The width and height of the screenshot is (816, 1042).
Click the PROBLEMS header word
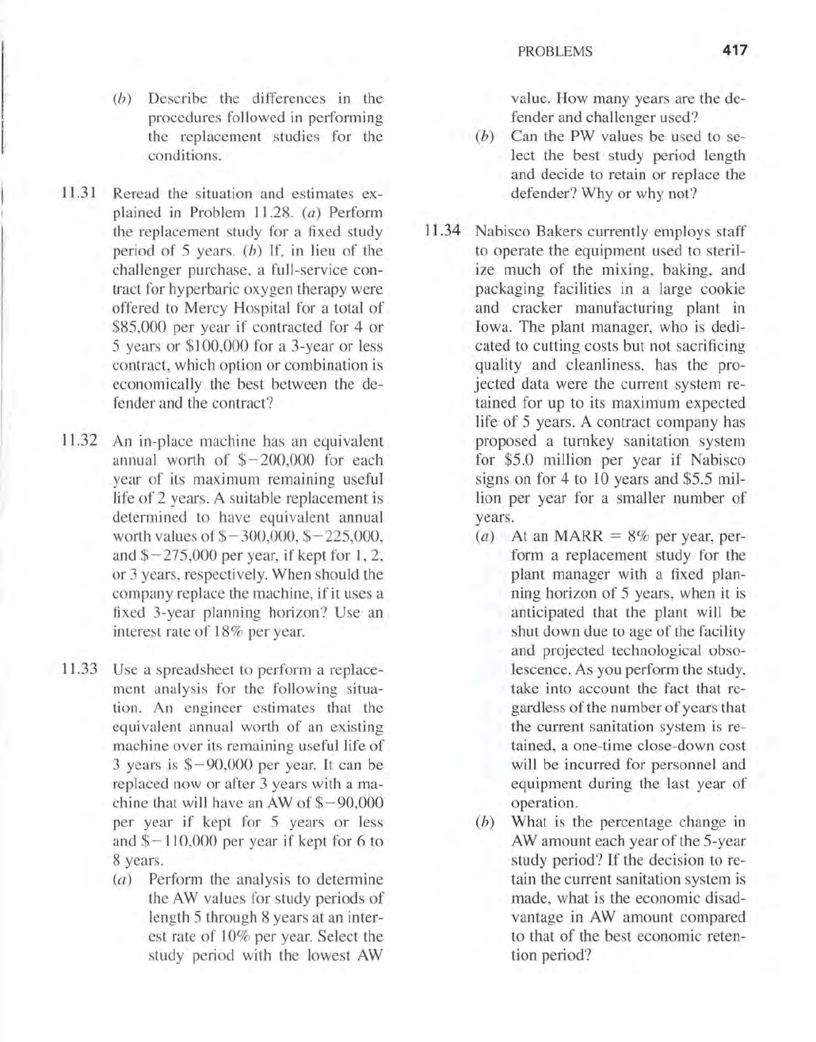pyautogui.click(x=555, y=52)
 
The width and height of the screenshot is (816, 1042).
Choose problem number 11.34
pyautogui.click(x=442, y=232)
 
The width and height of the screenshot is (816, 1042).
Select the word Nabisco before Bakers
pyautogui.click(x=501, y=232)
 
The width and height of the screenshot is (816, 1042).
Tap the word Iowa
pyautogui.click(x=490, y=327)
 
